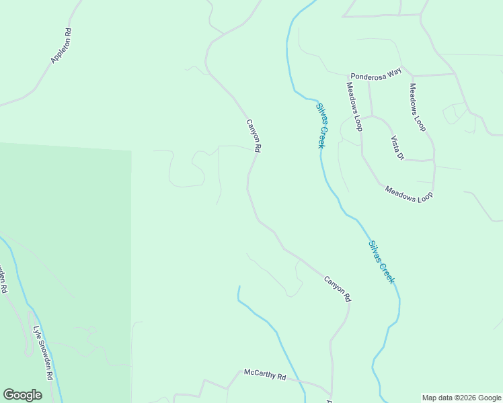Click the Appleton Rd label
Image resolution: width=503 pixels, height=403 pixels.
(61, 46)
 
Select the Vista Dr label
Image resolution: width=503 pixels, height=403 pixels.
(397, 148)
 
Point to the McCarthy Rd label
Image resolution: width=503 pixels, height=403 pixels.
(265, 375)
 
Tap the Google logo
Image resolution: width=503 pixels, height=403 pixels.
(22, 395)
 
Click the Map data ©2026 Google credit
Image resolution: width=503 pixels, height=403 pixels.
(461, 398)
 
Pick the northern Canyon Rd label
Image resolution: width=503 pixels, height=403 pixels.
(253, 136)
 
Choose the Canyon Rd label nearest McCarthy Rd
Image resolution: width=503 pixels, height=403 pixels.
(338, 288)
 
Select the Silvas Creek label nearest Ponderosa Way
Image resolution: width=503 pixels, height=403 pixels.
(322, 125)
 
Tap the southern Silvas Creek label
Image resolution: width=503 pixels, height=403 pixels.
(381, 262)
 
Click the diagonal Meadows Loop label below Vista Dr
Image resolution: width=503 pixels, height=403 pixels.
(409, 191)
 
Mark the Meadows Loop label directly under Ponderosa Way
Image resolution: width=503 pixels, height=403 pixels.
(354, 105)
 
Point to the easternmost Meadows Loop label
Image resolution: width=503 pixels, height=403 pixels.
(418, 107)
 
